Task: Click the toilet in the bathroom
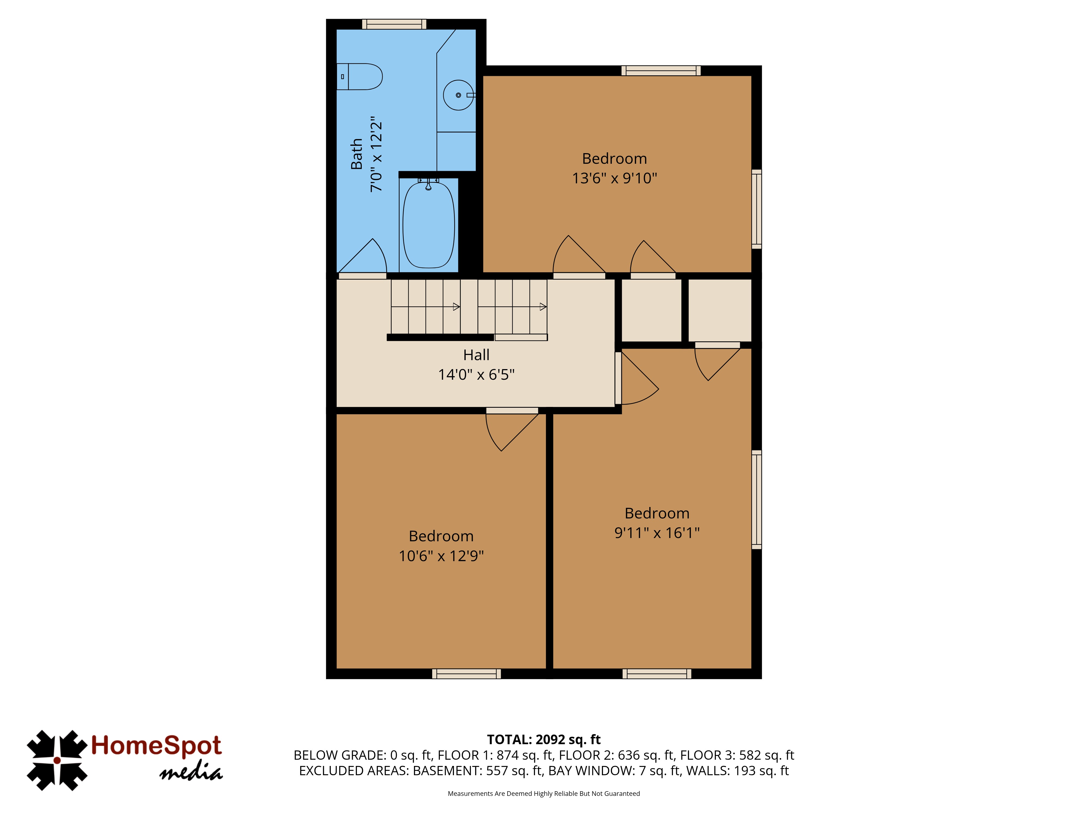pyautogui.click(x=359, y=77)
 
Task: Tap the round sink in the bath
pyautogui.click(x=458, y=95)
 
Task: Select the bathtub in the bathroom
pyautogui.click(x=428, y=225)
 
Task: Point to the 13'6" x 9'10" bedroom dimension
pyautogui.click(x=614, y=178)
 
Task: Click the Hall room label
pyautogui.click(x=476, y=355)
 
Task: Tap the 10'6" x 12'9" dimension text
pyautogui.click(x=441, y=556)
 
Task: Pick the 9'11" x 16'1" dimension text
pyautogui.click(x=657, y=533)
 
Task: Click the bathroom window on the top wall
pyautogui.click(x=394, y=24)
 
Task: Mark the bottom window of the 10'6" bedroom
pyautogui.click(x=466, y=674)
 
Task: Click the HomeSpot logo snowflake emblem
pyautogui.click(x=57, y=761)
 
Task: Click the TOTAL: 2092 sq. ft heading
pyautogui.click(x=543, y=739)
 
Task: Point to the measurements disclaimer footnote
pyautogui.click(x=543, y=793)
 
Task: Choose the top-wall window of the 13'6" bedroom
pyautogui.click(x=661, y=71)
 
